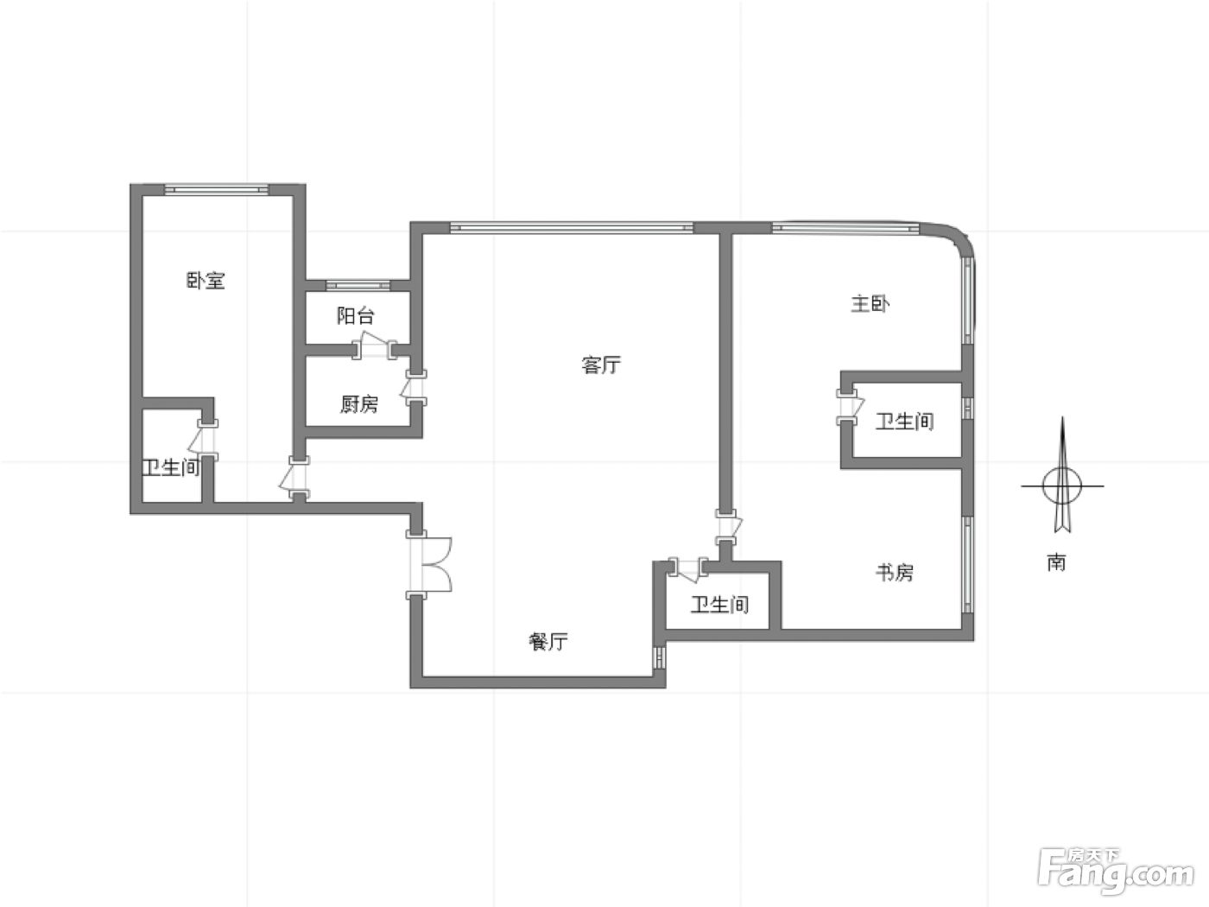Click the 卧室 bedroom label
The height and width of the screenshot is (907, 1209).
click(206, 281)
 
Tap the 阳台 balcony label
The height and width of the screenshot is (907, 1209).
click(356, 315)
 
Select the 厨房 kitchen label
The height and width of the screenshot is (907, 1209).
click(359, 404)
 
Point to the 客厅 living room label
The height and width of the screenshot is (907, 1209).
click(601, 365)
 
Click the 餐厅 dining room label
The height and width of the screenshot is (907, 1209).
click(548, 642)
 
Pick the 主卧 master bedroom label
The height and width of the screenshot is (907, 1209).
click(870, 303)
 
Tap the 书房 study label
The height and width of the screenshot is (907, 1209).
click(895, 573)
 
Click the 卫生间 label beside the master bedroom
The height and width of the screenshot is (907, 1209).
click(905, 422)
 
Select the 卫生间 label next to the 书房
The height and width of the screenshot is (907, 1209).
click(720, 605)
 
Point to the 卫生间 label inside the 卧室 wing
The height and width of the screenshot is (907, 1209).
click(171, 467)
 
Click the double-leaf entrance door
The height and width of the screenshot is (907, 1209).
click(429, 564)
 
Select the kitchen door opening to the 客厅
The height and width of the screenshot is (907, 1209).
click(415, 388)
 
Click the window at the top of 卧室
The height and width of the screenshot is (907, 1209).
click(217, 189)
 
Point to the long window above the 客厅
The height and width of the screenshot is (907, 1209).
click(572, 227)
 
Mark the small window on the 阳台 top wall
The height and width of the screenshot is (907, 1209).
click(358, 285)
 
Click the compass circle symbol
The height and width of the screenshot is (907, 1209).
click(1062, 486)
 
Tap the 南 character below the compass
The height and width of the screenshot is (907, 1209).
click(1056, 562)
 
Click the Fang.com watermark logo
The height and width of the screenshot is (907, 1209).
click(1116, 878)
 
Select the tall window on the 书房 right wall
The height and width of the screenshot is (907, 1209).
click(968, 563)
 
